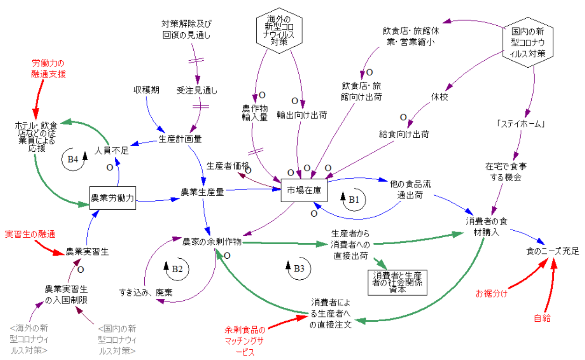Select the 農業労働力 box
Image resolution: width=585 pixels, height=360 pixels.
(112, 198)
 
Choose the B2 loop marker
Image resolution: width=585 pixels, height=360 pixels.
(175, 268)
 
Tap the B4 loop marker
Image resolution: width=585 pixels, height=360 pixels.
(75, 158)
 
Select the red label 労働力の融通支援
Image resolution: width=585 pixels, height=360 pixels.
(49, 68)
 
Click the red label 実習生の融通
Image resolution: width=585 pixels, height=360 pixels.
(28, 233)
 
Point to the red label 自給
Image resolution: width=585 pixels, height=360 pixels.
(542, 318)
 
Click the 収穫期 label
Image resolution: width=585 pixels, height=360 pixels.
(147, 90)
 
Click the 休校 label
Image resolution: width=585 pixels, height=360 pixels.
(440, 98)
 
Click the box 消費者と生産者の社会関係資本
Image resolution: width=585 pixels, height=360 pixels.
(397, 282)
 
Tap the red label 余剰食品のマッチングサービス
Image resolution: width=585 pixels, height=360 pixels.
(244, 340)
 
